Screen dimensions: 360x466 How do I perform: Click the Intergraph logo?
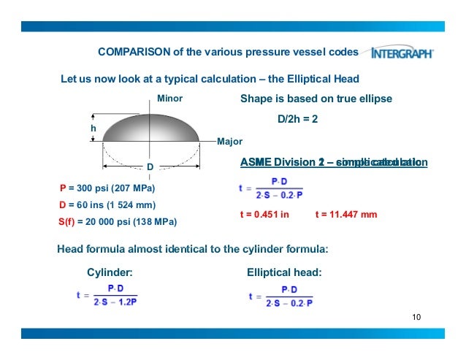point(402,53)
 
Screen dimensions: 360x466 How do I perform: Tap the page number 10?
point(417,317)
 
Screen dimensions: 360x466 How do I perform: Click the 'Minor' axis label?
point(169,99)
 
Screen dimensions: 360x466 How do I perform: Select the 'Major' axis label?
point(230,141)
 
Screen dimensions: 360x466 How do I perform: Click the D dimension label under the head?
point(150,167)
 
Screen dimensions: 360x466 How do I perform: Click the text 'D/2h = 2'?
point(298,120)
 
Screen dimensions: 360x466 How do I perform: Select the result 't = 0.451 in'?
point(264,215)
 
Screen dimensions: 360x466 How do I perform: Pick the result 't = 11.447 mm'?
point(346,215)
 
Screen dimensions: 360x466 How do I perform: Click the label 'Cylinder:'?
point(110,272)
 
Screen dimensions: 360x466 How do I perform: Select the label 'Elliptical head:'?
point(285,272)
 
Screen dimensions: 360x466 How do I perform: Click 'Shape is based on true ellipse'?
point(316,99)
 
